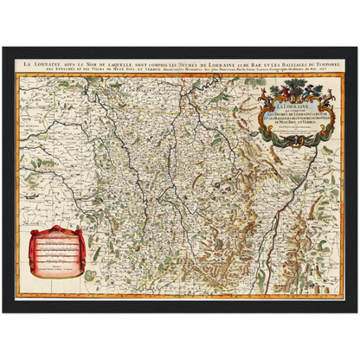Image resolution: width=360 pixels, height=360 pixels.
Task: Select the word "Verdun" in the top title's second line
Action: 145,70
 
